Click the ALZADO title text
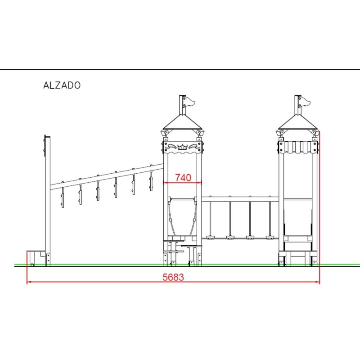62,85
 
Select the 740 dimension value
183,177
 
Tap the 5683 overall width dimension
173,277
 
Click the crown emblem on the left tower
183,147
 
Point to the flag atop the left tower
189,101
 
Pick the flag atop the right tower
305,101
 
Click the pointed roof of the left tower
183,122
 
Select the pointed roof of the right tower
298,122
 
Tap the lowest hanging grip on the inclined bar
63,197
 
